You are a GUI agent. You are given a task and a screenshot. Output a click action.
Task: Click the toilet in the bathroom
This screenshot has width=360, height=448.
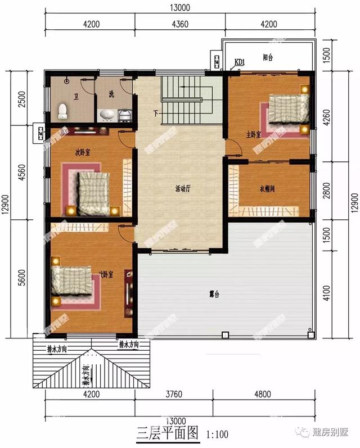pos(63,110)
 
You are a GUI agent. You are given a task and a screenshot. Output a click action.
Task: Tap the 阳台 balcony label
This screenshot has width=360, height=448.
pos(268,57)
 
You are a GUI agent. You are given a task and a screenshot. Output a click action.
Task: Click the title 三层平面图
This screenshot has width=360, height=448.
pos(168,433)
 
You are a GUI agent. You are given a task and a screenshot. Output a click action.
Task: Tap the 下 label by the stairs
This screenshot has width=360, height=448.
pos(155,114)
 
